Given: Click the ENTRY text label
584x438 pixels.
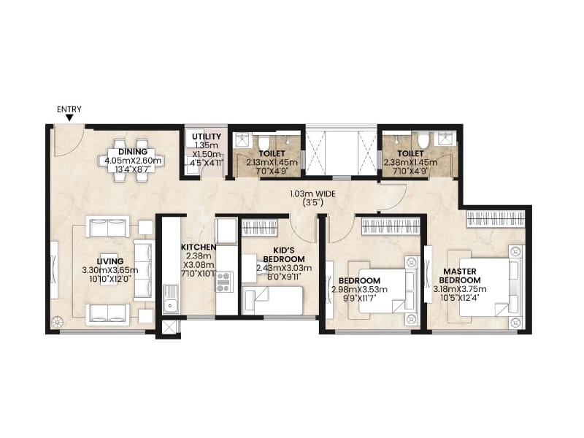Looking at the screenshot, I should click(69, 109).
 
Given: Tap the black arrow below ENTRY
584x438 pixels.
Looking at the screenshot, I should click(69, 118).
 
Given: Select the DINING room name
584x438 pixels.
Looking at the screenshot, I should click(133, 153).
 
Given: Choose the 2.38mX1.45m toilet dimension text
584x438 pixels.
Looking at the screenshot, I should click(410, 163).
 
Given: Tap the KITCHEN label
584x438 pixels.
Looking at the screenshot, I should click(199, 247).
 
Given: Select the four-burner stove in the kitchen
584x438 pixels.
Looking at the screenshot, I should click(223, 281).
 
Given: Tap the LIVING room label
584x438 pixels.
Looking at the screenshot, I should click(114, 261).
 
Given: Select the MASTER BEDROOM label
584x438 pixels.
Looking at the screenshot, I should click(461, 275).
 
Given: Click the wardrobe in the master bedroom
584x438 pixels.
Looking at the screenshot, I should click(495, 218).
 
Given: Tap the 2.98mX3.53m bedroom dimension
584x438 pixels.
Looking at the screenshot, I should click(359, 290).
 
